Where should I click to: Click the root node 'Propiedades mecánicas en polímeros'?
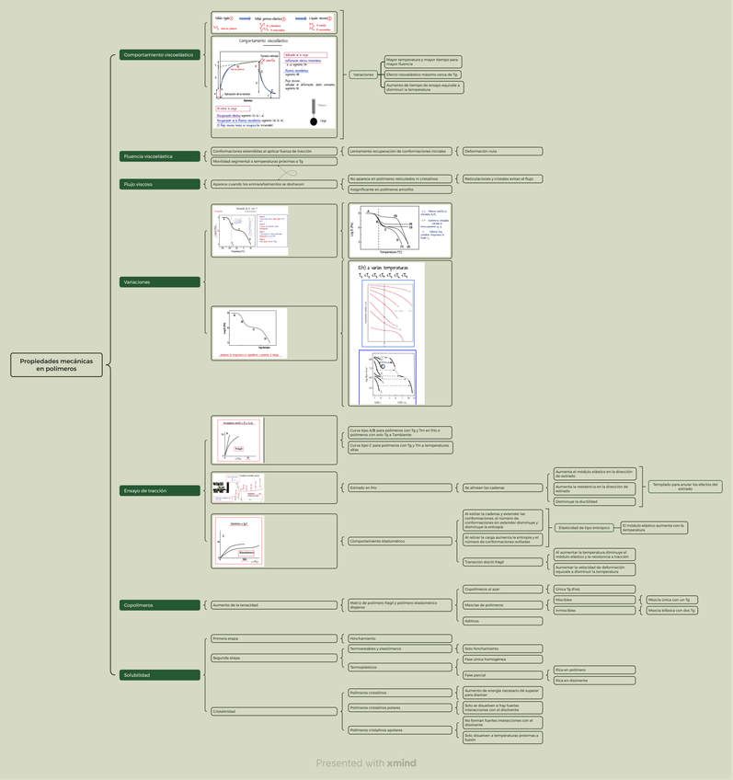(57, 365)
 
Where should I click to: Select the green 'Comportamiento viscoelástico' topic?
(158, 55)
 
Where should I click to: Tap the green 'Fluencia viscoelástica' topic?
(160, 156)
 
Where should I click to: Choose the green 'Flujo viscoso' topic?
(160, 184)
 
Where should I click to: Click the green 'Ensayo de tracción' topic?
(160, 490)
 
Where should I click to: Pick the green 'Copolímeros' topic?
(160, 605)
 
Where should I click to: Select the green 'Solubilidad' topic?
(160, 675)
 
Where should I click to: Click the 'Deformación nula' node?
(501, 151)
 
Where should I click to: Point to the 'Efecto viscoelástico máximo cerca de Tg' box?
(423, 75)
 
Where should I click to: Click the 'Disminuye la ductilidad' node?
(594, 502)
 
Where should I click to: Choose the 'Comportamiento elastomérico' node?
(399, 541)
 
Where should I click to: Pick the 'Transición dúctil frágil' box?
(501, 561)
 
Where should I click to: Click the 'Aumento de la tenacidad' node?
(274, 605)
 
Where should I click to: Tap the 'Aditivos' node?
(501, 621)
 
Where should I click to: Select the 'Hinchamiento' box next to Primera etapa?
(399, 638)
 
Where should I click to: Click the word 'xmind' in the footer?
(402, 763)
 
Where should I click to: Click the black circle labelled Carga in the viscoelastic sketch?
(314, 121)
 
